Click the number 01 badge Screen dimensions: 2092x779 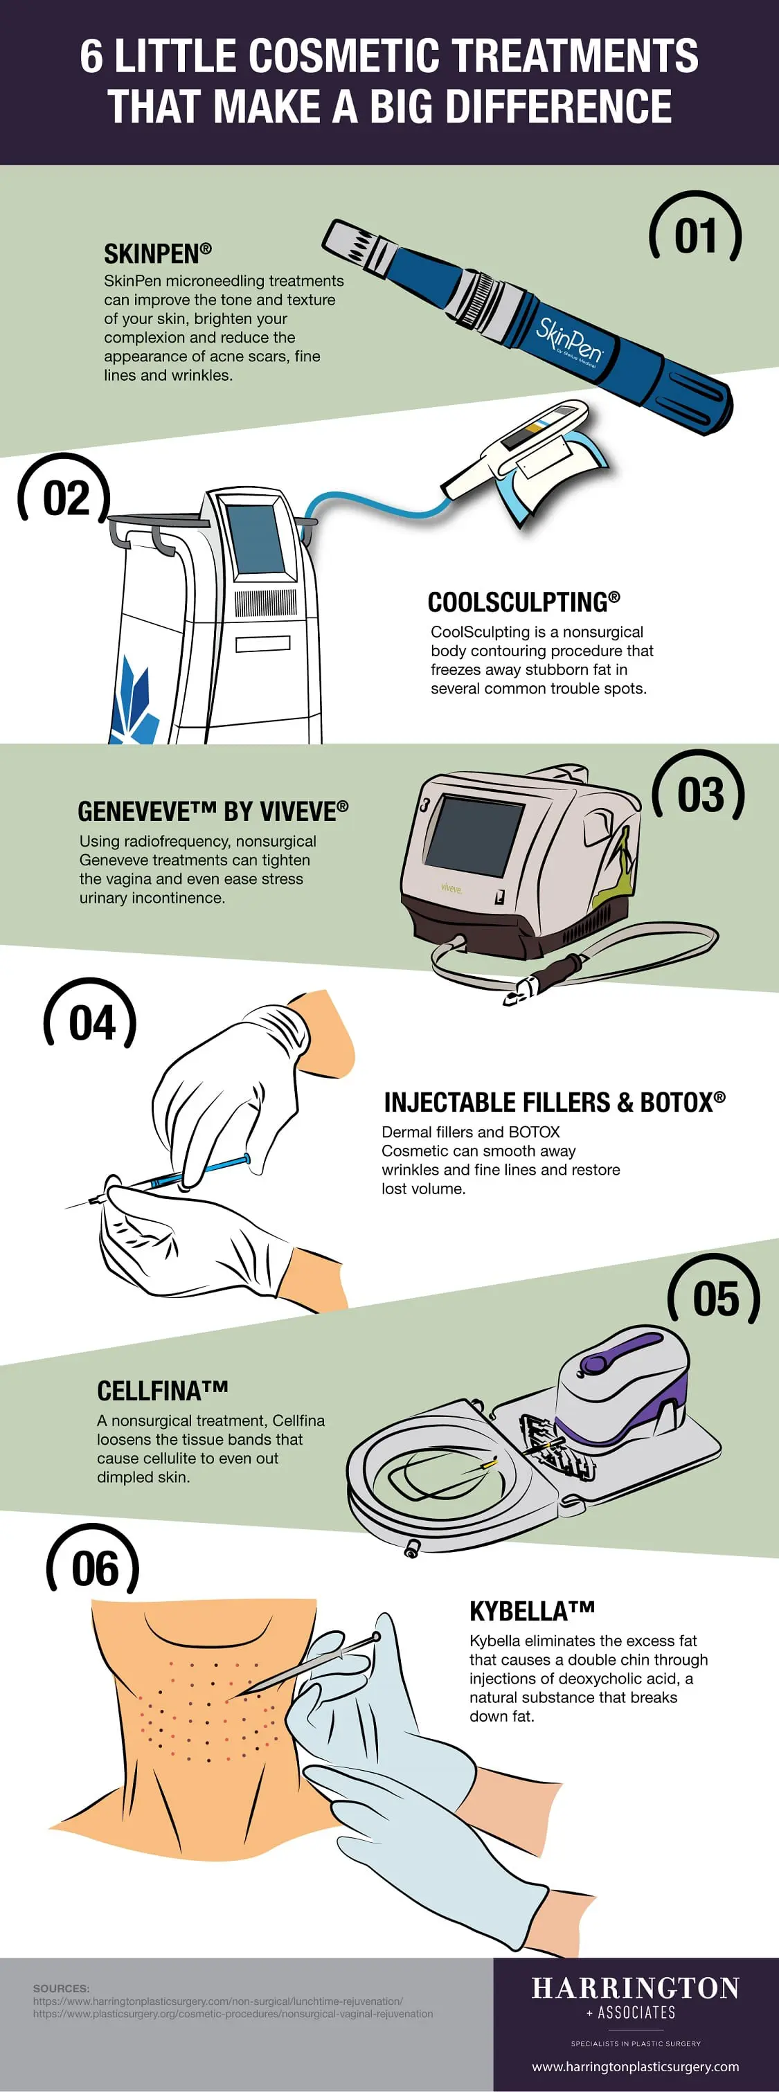695,235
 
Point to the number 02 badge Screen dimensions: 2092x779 65,498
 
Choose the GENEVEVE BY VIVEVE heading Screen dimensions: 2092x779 213,811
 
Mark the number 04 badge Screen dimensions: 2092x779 91,1022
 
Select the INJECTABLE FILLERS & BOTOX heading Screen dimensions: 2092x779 554,1102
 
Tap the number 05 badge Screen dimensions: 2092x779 715,1299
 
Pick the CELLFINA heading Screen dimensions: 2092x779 163,1391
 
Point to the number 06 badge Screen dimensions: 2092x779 94,1567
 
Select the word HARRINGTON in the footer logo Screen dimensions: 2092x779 635,1988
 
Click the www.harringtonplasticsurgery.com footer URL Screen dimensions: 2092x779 635,2066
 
